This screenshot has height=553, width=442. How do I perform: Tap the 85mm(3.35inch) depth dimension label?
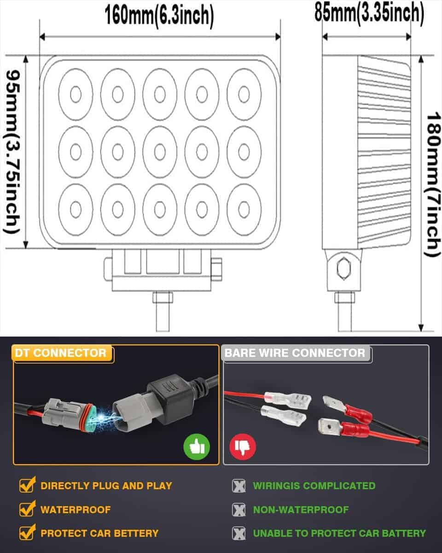click(x=369, y=13)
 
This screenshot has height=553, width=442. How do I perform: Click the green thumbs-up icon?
click(x=197, y=446)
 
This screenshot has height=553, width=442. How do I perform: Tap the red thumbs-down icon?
click(x=243, y=446)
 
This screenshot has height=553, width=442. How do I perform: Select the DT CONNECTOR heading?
click(x=60, y=353)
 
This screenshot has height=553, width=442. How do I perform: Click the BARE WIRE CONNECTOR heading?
click(x=295, y=353)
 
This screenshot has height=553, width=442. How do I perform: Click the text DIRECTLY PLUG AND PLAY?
click(x=106, y=486)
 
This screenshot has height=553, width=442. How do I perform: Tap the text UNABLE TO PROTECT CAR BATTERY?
click(x=339, y=534)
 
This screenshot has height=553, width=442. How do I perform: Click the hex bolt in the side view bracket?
click(x=343, y=268)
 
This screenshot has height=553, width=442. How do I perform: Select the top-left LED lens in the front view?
click(x=76, y=94)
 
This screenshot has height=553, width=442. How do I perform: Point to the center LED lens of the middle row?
click(x=160, y=152)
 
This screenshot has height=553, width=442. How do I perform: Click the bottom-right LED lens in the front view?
click(x=244, y=209)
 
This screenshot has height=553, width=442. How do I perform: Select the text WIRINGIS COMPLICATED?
click(x=314, y=486)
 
